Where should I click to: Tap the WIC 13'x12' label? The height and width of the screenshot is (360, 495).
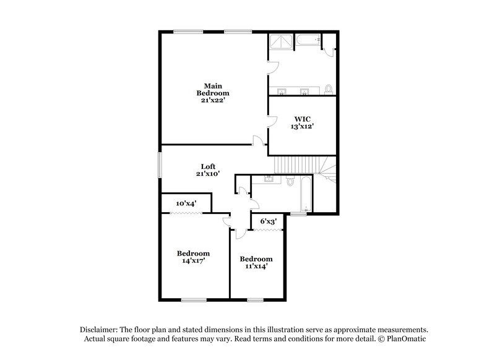pyautogui.click(x=303, y=122)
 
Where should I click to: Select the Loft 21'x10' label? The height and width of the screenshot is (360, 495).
pyautogui.click(x=208, y=170)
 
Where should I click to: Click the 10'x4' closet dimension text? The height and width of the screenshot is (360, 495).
pyautogui.click(x=186, y=203)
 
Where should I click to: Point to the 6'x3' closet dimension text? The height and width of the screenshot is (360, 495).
pyautogui.click(x=267, y=221)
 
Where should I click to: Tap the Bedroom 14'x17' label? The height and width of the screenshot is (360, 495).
pyautogui.click(x=193, y=257)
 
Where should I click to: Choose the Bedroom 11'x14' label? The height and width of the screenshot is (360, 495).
pyautogui.click(x=256, y=263)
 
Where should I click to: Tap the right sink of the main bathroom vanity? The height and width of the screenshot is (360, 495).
pyautogui.click(x=304, y=92)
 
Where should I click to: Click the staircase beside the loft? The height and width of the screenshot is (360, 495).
pyautogui.click(x=298, y=165)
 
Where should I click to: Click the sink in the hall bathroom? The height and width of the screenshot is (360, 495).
pyautogui.click(x=270, y=179)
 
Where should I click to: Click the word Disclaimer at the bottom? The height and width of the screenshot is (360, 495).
pyautogui.click(x=101, y=330)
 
